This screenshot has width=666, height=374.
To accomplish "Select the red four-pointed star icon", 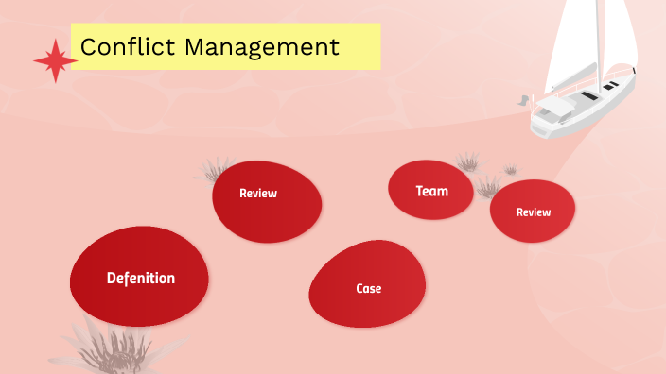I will pos(55,61).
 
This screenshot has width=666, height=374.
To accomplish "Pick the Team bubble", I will pos(430,190).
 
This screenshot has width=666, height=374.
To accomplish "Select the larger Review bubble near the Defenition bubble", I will pos(267,200).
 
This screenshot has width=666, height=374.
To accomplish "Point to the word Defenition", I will pos(140,278).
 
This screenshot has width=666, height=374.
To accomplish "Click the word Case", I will pos(369,288).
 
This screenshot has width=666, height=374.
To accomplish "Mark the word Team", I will pos(431,191).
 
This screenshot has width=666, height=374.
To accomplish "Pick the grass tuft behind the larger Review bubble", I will pos(215,170).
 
